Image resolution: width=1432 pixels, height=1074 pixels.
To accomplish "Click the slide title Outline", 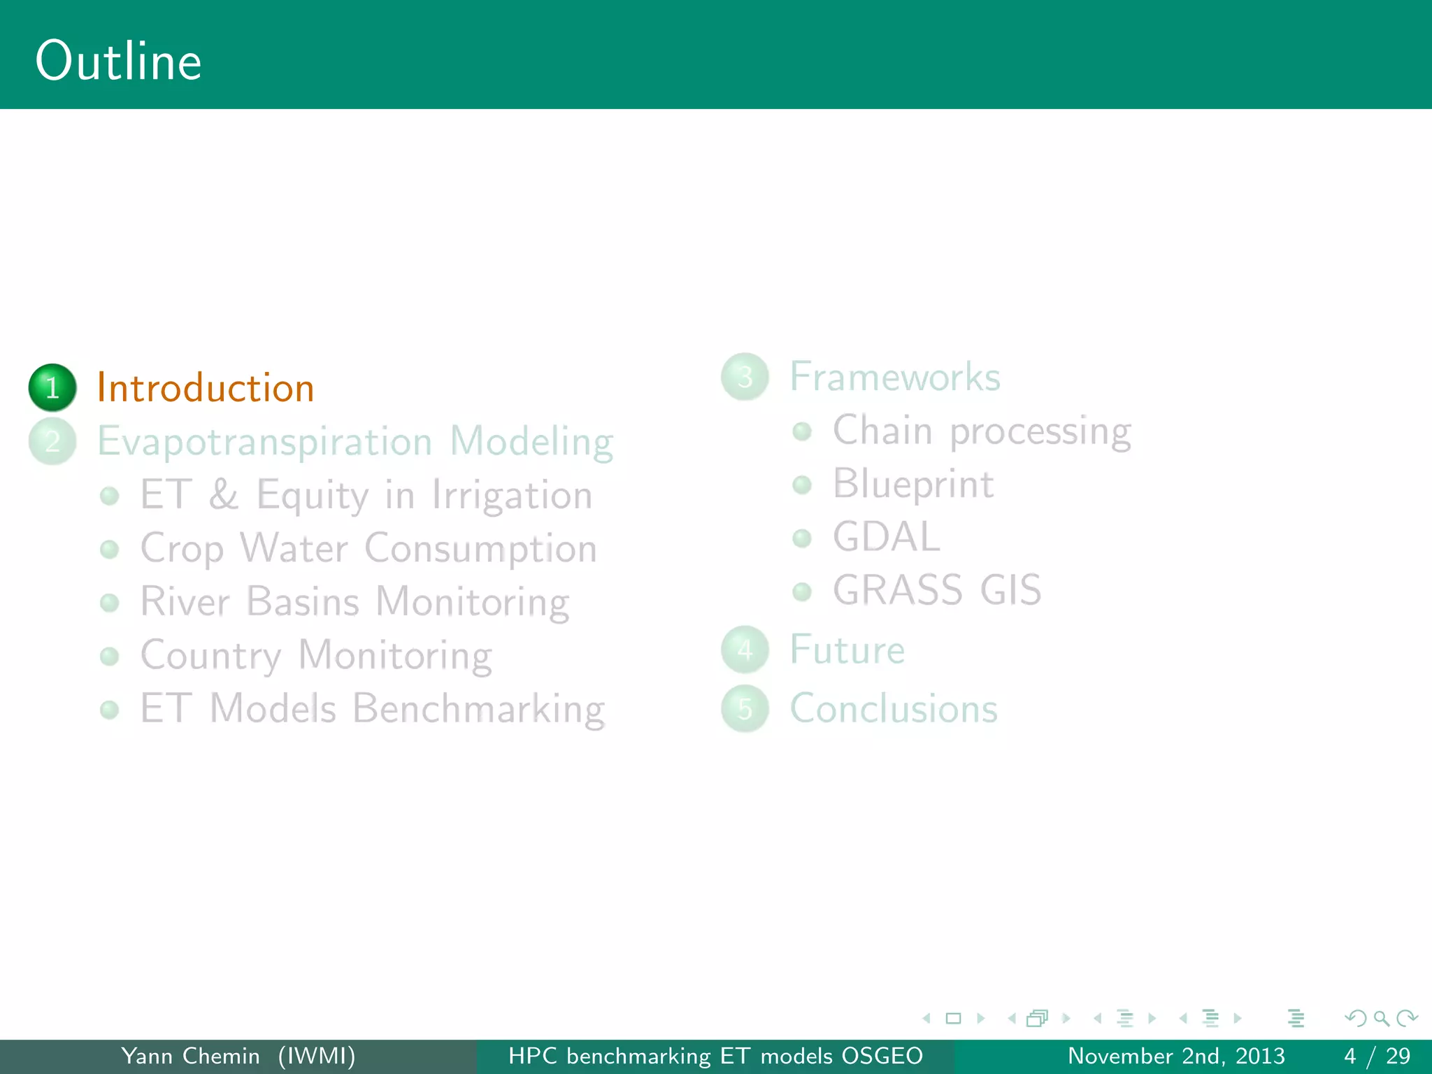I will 119,62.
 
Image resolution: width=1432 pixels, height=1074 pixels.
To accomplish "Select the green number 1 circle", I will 52,387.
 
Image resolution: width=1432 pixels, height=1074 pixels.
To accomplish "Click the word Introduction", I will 206,388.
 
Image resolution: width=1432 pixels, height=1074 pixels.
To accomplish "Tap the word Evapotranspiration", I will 264,442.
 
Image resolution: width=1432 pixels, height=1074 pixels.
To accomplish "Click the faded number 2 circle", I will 52,441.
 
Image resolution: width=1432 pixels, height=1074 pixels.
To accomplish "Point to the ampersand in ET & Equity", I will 224,494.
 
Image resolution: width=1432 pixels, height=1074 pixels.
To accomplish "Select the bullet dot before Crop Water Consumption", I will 110,550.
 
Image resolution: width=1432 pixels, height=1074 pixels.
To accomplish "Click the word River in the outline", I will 185,601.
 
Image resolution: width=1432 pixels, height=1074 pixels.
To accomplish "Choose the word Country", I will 210,656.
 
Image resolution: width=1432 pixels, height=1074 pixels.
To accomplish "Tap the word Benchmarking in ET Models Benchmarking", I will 478,709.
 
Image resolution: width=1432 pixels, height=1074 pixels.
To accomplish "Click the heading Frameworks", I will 895,377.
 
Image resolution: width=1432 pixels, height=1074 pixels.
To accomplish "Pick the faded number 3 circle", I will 745,377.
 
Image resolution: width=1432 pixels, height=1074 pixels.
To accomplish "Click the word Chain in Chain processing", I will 882,430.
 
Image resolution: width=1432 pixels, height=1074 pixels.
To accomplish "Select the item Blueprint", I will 913,484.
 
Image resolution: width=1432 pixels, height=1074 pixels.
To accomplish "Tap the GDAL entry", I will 886,537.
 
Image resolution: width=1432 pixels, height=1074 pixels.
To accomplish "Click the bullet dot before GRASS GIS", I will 802,592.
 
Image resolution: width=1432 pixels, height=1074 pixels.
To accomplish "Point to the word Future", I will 847,650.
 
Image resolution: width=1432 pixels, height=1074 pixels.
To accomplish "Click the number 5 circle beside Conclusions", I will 745,709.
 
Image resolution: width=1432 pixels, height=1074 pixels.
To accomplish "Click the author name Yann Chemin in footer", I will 190,1056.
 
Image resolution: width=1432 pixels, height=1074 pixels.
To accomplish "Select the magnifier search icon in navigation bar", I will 1381,1019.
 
